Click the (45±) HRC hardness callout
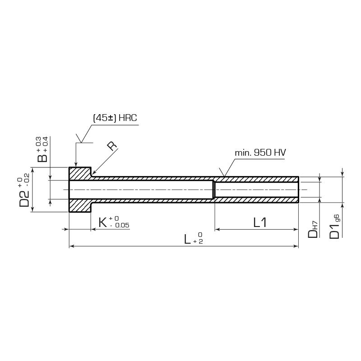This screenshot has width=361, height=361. pyautogui.click(x=115, y=118)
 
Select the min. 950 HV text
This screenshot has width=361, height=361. pyautogui.click(x=260, y=153)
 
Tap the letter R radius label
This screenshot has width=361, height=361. pyautogui.click(x=112, y=146)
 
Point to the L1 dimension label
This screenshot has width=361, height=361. pyautogui.click(x=260, y=222)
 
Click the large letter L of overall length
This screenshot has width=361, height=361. pyautogui.click(x=187, y=239)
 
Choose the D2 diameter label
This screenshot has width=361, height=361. pyautogui.click(x=24, y=199)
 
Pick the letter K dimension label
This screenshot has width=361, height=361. pyautogui.click(x=103, y=222)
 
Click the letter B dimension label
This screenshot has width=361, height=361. pyautogui.click(x=42, y=158)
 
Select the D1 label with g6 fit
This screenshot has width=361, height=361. pyautogui.click(x=334, y=227)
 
